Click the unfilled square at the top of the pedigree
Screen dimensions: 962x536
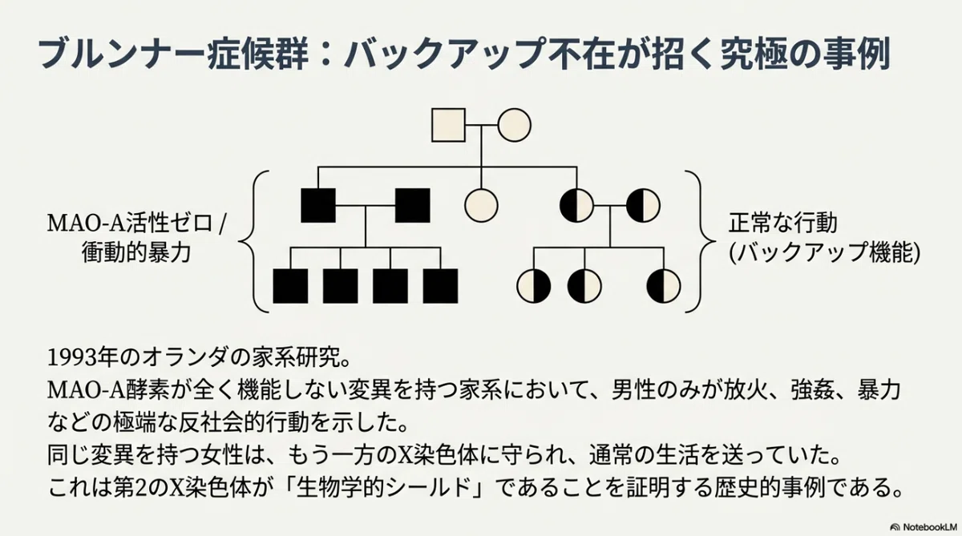448,125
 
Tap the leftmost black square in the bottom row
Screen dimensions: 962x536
290,286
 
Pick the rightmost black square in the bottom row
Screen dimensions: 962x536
440,286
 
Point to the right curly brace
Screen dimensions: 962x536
701,241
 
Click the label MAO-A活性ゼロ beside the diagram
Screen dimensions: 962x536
130,224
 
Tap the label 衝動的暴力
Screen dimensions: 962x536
136,252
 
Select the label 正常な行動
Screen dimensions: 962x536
783,224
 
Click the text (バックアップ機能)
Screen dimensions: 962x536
825,252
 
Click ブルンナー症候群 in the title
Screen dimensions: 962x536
173,54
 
